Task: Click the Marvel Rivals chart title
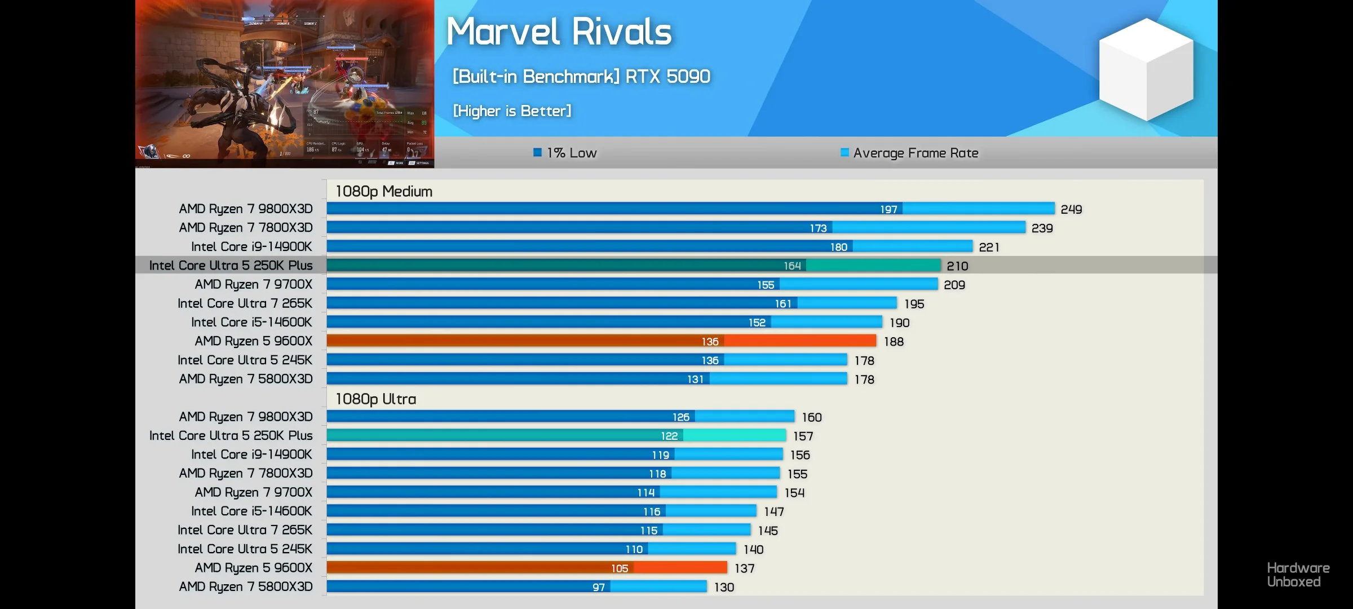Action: click(x=559, y=32)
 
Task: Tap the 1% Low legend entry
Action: click(x=565, y=153)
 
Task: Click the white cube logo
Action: click(x=1146, y=69)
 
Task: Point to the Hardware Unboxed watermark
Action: click(x=1298, y=575)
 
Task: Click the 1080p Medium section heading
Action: click(x=384, y=192)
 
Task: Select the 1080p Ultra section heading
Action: click(x=376, y=399)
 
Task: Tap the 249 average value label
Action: click(x=1071, y=209)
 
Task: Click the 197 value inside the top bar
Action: click(x=888, y=210)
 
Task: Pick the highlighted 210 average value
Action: click(x=957, y=266)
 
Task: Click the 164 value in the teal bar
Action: click(x=792, y=266)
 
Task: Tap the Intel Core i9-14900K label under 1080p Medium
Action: click(x=251, y=246)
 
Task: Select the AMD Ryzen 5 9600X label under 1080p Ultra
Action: click(x=253, y=568)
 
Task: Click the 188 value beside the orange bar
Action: click(x=894, y=342)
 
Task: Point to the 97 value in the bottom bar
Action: click(x=599, y=588)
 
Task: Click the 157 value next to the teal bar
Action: click(x=803, y=436)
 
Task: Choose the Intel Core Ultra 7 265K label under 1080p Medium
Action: click(x=245, y=303)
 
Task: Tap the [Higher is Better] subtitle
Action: click(x=512, y=111)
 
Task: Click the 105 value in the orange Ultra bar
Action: click(x=620, y=568)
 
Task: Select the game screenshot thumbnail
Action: click(x=285, y=83)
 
